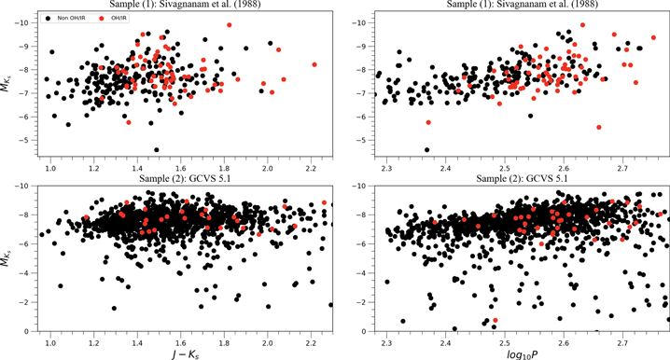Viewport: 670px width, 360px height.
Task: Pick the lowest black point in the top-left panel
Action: pos(156,149)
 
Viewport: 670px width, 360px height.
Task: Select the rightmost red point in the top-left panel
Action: pos(314,64)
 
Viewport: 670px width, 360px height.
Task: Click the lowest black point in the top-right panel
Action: pos(426,149)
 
